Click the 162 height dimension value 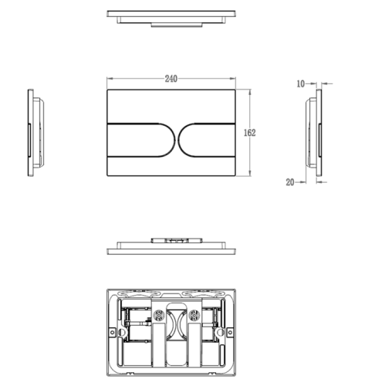point(250,132)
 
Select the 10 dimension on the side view point(302,82)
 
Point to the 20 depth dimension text point(289,182)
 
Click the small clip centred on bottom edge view point(177,241)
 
